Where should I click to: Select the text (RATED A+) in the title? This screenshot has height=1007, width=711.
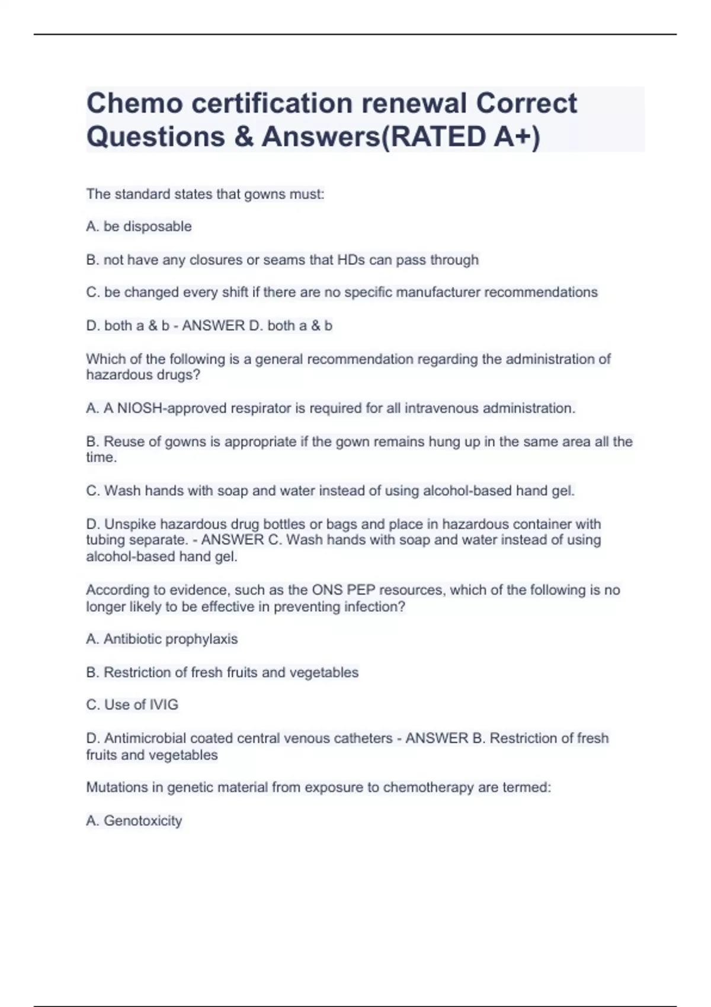click(x=459, y=137)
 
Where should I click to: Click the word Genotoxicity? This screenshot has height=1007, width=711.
click(x=143, y=820)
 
